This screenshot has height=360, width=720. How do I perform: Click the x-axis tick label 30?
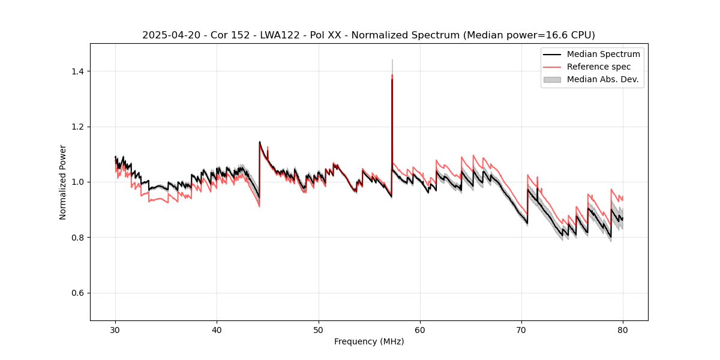click(x=116, y=330)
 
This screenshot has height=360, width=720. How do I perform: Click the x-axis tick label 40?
click(x=217, y=330)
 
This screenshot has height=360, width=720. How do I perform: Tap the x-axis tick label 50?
click(x=319, y=330)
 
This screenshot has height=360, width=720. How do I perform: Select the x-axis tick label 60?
click(x=420, y=330)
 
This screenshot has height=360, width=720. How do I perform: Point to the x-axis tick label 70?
click(x=521, y=330)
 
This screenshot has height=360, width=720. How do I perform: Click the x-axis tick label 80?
click(x=623, y=330)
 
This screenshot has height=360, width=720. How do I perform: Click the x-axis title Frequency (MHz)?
click(x=369, y=342)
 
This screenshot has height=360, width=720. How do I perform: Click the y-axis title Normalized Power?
click(x=63, y=182)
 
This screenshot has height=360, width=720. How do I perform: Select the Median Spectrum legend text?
click(x=603, y=54)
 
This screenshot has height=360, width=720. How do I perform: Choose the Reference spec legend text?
click(x=601, y=67)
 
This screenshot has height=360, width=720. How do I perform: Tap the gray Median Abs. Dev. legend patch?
click(x=552, y=79)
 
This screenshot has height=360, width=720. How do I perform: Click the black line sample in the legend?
click(x=552, y=54)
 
